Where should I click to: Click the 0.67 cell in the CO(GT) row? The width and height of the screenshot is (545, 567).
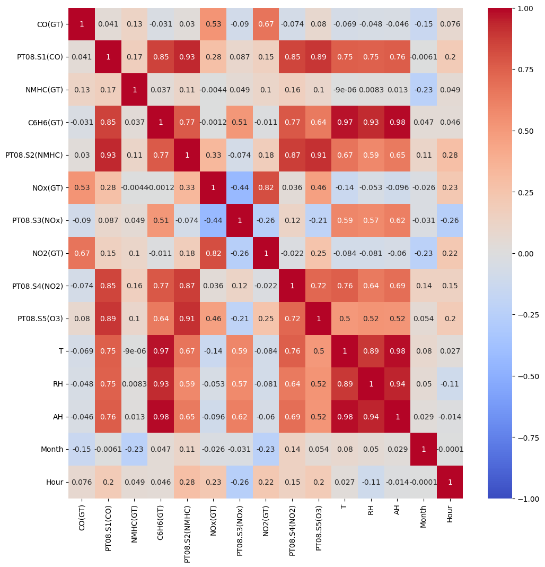[x=266, y=24]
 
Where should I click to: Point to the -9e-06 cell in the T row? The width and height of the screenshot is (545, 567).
[x=134, y=351]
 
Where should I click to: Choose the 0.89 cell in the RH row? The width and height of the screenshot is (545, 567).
[x=345, y=384]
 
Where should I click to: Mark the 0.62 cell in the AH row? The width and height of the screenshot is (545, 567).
[x=240, y=417]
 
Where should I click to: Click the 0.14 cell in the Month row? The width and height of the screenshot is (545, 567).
[x=292, y=449]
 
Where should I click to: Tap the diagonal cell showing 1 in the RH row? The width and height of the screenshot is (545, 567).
[x=371, y=384]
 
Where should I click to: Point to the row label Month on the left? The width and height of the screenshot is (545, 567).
[x=52, y=449]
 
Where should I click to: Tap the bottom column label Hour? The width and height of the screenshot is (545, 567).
[x=450, y=513]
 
